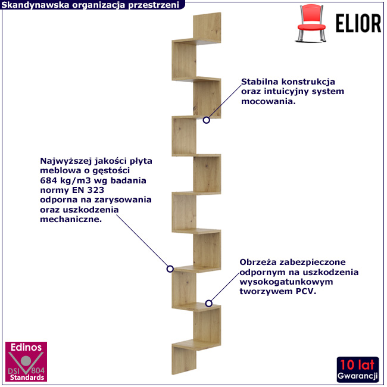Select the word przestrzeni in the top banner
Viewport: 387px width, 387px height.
[x=157, y=5]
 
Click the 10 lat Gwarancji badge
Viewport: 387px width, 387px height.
[x=357, y=370]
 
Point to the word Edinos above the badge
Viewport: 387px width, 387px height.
[x=25, y=347]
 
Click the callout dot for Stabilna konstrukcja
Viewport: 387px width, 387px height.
[x=207, y=120]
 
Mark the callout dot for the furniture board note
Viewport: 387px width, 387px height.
[x=170, y=269]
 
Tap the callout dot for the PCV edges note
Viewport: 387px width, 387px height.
[x=208, y=303]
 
